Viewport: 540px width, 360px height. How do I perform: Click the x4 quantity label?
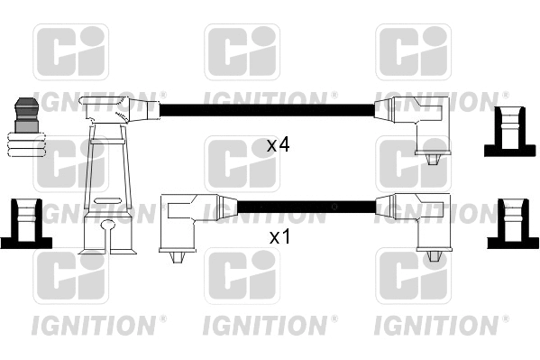tap(278, 143)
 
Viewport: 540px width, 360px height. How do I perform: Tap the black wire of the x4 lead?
tap(266, 110)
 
